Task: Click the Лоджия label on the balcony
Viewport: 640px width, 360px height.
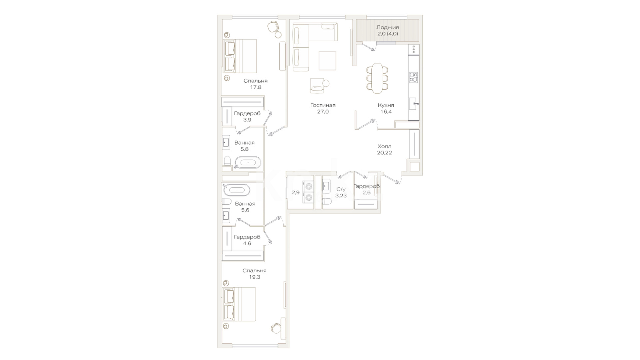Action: click(387, 27)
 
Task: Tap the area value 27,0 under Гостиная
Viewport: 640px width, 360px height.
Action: click(323, 112)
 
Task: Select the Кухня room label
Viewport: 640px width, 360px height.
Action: click(386, 105)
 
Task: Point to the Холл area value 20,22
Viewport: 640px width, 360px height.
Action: click(384, 153)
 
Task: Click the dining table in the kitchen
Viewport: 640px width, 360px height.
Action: click(377, 78)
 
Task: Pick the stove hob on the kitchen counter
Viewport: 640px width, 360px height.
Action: click(414, 77)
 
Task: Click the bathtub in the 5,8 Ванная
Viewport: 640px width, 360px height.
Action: click(248, 163)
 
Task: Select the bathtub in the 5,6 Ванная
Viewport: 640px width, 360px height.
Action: click(237, 190)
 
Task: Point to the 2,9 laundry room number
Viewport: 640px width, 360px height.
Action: click(296, 192)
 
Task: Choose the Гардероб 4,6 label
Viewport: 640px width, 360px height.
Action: click(247, 240)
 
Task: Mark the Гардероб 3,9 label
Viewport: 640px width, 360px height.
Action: click(247, 116)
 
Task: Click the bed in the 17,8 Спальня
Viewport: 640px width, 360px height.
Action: click(240, 56)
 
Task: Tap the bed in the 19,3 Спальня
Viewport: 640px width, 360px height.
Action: click(239, 304)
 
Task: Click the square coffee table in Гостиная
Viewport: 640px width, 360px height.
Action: click(327, 61)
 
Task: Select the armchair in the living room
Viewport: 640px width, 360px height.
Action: click(317, 86)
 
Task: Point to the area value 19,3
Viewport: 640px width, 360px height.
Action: click(254, 277)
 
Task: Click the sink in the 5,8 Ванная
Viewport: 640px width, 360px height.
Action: click(226, 143)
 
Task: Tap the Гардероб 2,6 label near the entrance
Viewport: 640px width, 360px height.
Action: click(366, 189)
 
